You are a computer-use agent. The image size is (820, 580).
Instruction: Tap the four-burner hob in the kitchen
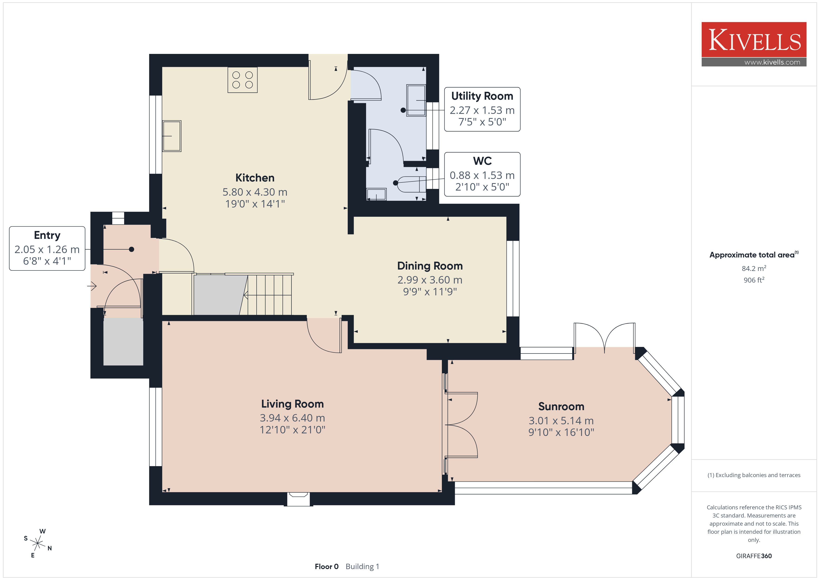[242, 80]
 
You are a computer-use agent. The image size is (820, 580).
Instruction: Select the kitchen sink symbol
[172, 136]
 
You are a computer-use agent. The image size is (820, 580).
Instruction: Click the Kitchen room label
[255, 178]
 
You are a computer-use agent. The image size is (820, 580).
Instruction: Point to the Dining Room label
[430, 266]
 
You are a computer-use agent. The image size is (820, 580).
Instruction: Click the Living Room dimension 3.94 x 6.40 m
[292, 418]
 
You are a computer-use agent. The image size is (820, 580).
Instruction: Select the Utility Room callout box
[482, 109]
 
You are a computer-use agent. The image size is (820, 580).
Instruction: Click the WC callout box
[482, 174]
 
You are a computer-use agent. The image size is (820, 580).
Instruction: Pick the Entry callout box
[47, 249]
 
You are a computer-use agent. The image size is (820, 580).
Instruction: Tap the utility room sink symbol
[416, 100]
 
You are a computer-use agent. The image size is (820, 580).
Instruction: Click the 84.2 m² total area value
[754, 268]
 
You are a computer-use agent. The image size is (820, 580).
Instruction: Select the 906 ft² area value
[754, 280]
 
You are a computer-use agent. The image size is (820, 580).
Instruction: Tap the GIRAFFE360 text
[754, 556]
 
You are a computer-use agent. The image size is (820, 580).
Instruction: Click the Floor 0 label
[326, 567]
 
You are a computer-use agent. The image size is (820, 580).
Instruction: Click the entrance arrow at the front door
[92, 286]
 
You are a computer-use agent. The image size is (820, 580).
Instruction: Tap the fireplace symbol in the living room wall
[298, 499]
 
